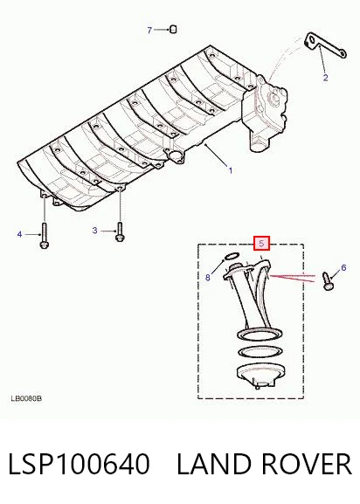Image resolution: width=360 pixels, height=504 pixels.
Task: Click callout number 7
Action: click(149, 31)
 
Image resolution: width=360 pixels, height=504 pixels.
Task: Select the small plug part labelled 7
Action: click(173, 29)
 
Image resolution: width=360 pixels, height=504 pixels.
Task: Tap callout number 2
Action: click(325, 78)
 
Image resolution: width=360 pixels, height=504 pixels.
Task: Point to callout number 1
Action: click(230, 170)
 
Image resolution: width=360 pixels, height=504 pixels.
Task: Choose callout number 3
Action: click(94, 231)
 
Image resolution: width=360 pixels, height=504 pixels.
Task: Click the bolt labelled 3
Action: click(120, 231)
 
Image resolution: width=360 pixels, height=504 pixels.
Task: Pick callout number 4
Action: click(19, 234)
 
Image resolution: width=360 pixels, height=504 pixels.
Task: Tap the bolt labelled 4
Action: click(44, 236)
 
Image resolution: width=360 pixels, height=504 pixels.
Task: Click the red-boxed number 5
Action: click(261, 244)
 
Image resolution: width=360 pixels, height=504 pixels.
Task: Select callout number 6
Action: click(343, 267)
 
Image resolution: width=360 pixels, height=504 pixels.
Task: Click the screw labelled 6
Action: click(328, 281)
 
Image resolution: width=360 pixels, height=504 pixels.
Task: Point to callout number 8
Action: click(208, 278)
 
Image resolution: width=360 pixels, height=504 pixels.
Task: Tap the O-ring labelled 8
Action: click(231, 256)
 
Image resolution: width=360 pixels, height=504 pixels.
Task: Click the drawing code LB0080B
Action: click(27, 398)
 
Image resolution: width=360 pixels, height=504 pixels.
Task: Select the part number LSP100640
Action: click(79, 464)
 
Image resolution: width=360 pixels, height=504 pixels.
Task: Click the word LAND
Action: click(213, 464)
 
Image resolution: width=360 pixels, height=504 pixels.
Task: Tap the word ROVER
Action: click(307, 464)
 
